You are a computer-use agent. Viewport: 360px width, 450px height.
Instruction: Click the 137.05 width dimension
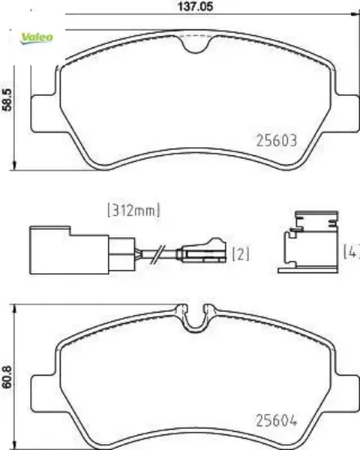pyautogui.click(x=196, y=7)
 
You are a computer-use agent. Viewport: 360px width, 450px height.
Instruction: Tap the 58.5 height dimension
pyautogui.click(x=7, y=100)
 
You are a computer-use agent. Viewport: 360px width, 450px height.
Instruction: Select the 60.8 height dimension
pyautogui.click(x=7, y=377)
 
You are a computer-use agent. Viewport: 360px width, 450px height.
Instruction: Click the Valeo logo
pyautogui.click(x=37, y=38)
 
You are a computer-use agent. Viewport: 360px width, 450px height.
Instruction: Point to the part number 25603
pyautogui.click(x=277, y=141)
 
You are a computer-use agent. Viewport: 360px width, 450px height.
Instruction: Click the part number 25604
pyautogui.click(x=277, y=421)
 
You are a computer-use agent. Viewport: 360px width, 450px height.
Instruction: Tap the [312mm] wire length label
pyautogui.click(x=134, y=210)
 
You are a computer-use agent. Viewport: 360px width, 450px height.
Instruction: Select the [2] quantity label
pyautogui.click(x=241, y=254)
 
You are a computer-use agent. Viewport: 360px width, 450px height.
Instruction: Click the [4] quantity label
pyautogui.click(x=351, y=251)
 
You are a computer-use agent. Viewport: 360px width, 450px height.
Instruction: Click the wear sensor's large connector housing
pyautogui.click(x=69, y=250)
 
